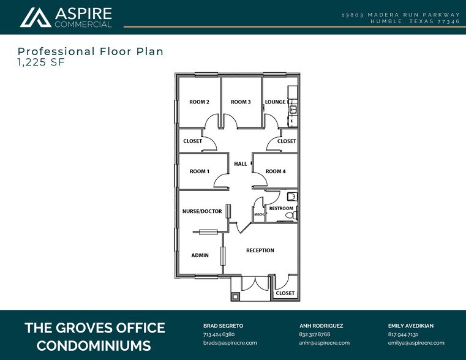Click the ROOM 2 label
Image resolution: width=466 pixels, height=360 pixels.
click(x=200, y=102)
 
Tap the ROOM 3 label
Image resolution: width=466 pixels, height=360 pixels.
click(x=241, y=102)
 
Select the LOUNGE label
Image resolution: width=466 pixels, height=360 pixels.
click(x=275, y=102)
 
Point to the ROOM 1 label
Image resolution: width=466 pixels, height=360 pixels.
click(x=200, y=171)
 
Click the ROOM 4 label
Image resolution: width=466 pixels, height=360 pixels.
click(x=276, y=171)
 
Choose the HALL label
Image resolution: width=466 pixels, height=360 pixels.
click(x=241, y=164)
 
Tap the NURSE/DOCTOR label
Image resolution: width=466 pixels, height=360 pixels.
click(x=202, y=211)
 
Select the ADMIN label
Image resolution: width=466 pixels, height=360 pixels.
click(x=200, y=255)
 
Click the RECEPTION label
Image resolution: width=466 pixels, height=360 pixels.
click(x=260, y=250)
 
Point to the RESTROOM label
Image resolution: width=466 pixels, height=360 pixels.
click(x=281, y=209)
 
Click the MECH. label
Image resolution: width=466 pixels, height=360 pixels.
click(x=258, y=215)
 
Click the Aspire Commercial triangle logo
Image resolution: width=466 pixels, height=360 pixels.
click(x=36, y=18)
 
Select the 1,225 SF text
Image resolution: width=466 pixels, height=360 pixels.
click(x=42, y=62)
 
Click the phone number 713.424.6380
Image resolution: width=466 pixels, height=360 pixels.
click(x=219, y=335)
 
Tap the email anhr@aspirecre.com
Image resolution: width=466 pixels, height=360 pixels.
click(x=325, y=343)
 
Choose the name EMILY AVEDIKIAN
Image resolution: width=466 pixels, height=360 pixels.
click(x=416, y=326)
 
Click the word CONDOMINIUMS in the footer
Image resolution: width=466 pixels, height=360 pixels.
click(x=94, y=345)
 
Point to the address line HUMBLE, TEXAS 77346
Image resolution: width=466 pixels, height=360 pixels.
click(x=415, y=21)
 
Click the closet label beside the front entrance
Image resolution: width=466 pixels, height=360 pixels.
click(x=285, y=293)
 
